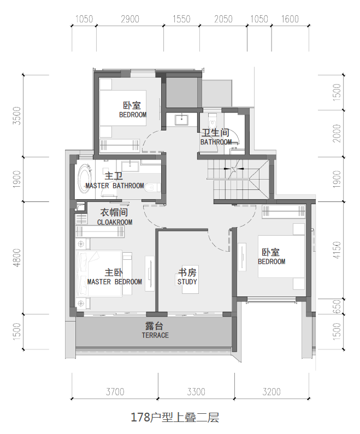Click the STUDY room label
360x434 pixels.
[187, 282]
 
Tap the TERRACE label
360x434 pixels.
[155, 335]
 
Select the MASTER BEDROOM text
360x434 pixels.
[114, 282]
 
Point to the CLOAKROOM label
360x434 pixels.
[115, 222]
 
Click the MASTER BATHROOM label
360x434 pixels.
[115, 186]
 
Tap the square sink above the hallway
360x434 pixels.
[181, 120]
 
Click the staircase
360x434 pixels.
[238, 180]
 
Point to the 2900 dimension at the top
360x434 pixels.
[130, 19]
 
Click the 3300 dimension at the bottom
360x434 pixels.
[196, 391]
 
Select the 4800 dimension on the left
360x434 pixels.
[17, 258]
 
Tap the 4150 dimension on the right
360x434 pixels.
[337, 250]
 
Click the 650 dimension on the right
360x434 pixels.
[337, 306]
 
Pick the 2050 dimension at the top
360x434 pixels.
[223, 19]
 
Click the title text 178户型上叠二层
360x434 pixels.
[175, 417]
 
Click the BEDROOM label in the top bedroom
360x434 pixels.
[133, 115]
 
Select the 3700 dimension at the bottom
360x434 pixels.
[115, 391]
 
